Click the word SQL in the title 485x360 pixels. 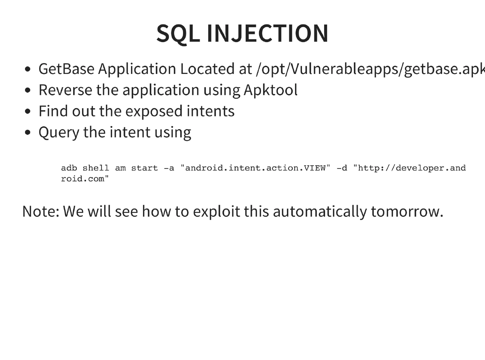[x=177, y=34]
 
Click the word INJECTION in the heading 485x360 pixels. [x=267, y=34]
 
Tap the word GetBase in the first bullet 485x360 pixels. [x=67, y=69]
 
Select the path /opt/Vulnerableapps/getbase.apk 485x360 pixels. [x=370, y=69]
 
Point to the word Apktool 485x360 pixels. [x=270, y=90]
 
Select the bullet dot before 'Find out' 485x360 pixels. [x=27, y=112]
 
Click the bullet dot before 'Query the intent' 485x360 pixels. [x=27, y=133]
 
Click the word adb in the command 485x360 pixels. [x=69, y=168]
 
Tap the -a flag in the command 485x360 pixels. [x=169, y=168]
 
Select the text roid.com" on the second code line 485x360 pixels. [x=85, y=179]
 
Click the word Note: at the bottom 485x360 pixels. [x=40, y=211]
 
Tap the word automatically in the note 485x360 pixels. [x=320, y=211]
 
